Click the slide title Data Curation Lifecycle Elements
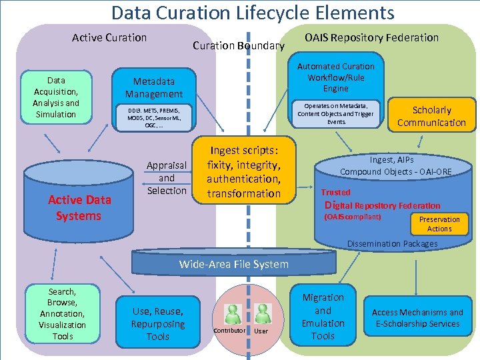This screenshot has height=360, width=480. tap(253, 12)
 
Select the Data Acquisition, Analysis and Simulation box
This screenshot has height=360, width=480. tap(56, 97)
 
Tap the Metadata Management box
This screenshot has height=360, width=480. tap(154, 88)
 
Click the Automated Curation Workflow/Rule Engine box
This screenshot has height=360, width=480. tap(335, 77)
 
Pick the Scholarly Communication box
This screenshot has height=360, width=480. tap(431, 116)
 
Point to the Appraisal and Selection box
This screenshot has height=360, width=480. tap(167, 177)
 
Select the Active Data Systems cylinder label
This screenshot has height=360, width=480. tap(79, 207)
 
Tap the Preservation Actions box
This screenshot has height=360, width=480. tap(439, 224)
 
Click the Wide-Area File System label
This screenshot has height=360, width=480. tap(234, 264)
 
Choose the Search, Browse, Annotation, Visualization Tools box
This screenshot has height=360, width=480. tap(62, 314)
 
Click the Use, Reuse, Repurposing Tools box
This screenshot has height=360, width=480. tap(158, 323)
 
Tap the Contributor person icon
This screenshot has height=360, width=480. tap(233, 314)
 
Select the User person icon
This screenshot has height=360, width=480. tap(262, 314)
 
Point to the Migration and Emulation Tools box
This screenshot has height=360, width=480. tap(323, 317)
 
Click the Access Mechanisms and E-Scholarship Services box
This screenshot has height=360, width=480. tap(417, 318)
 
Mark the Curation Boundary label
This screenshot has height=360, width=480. tap(239, 46)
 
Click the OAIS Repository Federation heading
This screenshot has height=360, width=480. tap(371, 37)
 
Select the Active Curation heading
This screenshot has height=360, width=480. tap(109, 37)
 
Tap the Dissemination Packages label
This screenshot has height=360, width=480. tap(392, 243)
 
